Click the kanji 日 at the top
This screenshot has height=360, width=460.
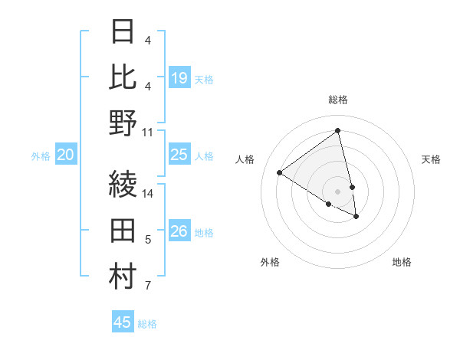click(x=123, y=31)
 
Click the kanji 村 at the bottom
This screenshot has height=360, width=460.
click(x=123, y=277)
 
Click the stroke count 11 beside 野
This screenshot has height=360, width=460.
click(x=148, y=132)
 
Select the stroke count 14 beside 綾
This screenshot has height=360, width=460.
click(x=148, y=193)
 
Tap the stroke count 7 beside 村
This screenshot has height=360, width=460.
click(x=148, y=286)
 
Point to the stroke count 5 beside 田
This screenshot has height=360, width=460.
click(x=148, y=241)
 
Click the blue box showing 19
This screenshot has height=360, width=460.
click(x=179, y=78)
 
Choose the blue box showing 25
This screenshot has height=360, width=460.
click(x=179, y=155)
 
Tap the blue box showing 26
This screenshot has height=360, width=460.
click(x=179, y=231)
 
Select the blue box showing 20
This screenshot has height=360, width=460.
click(x=65, y=155)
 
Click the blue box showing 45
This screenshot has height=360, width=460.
click(x=123, y=322)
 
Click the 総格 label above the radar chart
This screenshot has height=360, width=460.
click(x=338, y=100)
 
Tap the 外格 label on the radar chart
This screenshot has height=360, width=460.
click(x=270, y=262)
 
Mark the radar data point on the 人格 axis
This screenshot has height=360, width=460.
click(x=279, y=172)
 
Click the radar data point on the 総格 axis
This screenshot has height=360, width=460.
click(x=338, y=131)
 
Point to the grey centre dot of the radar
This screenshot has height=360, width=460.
click(x=338, y=191)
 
